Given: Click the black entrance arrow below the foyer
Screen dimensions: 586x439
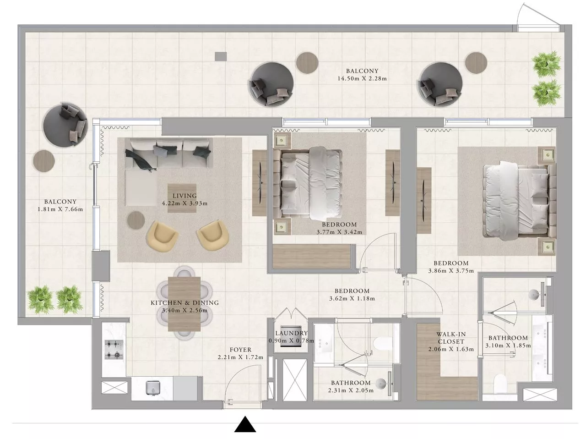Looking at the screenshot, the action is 245,424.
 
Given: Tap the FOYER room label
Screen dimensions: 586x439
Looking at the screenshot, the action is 240,350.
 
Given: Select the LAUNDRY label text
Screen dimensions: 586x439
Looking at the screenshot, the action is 291,333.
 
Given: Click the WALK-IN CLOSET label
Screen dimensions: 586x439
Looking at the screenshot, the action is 451,338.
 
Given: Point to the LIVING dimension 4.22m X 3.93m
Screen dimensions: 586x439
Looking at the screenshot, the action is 184,203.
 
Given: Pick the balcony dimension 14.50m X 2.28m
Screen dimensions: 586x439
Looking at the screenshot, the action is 362,78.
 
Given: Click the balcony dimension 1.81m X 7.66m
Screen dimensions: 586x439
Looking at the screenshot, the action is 60,209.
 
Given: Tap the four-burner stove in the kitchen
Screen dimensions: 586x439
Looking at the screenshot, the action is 114,350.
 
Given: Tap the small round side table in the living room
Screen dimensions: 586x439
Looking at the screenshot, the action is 136,220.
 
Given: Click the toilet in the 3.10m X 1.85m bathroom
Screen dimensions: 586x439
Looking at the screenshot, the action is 500,384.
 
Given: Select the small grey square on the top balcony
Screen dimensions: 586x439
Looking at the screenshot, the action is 221,56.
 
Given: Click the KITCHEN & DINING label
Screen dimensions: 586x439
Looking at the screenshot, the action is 184,303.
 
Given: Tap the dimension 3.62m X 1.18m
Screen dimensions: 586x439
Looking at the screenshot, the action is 352,298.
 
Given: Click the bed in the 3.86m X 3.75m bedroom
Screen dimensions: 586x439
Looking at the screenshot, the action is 519,200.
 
